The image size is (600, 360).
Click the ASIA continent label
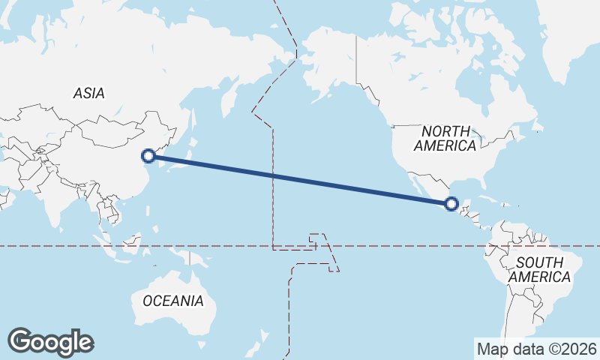pyautogui.click(x=88, y=94)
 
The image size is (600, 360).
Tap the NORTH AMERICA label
pyautogui.click(x=448, y=138)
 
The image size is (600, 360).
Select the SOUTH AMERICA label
pyautogui.click(x=539, y=269)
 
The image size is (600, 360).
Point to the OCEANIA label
pyautogui.click(x=172, y=301)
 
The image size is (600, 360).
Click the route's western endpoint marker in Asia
pyautogui.click(x=148, y=156)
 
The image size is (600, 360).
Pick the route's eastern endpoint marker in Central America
pyautogui.click(x=451, y=203)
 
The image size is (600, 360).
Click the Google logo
pyautogui.click(x=50, y=341)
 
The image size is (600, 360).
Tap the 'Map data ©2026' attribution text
pyautogui.click(x=537, y=349)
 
